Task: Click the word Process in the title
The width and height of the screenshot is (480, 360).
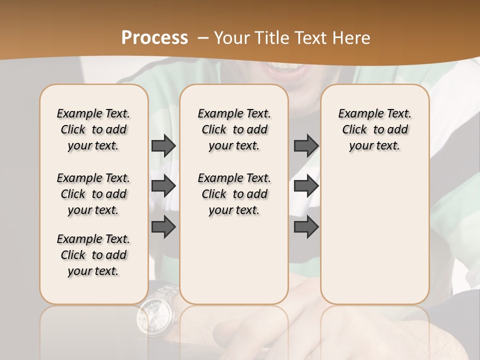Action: [154, 37]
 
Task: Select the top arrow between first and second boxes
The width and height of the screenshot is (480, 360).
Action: [163, 145]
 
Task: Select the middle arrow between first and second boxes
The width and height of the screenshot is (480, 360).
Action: [163, 186]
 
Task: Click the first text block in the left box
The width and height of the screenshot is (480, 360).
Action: [93, 129]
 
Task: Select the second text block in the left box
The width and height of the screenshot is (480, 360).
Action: [93, 194]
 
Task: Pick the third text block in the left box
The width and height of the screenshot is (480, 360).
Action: [93, 255]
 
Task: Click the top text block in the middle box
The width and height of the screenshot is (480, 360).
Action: [234, 129]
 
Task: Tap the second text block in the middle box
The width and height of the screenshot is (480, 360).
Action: [234, 194]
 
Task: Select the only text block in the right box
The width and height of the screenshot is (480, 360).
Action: [375, 129]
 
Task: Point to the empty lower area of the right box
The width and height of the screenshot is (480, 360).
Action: [375, 235]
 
